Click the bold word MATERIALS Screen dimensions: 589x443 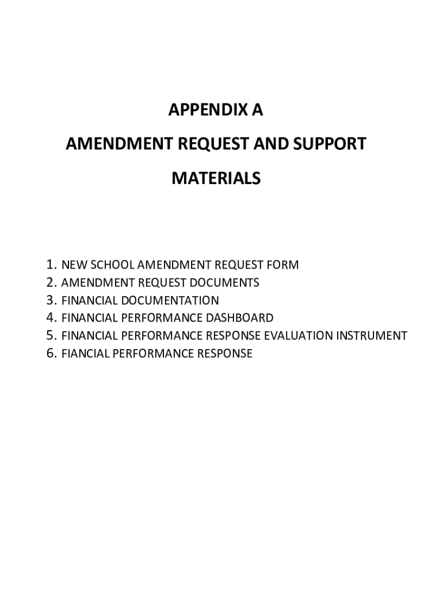coord(216,178)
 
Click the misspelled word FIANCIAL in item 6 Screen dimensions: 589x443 coord(81,353)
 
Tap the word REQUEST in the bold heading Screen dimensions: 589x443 coord(209,144)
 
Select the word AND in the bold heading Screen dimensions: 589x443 coord(271,144)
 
